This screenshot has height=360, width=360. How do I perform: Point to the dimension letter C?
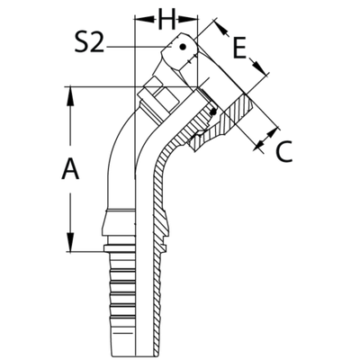(282, 153)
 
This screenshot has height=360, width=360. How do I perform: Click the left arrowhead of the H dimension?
(138, 18)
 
